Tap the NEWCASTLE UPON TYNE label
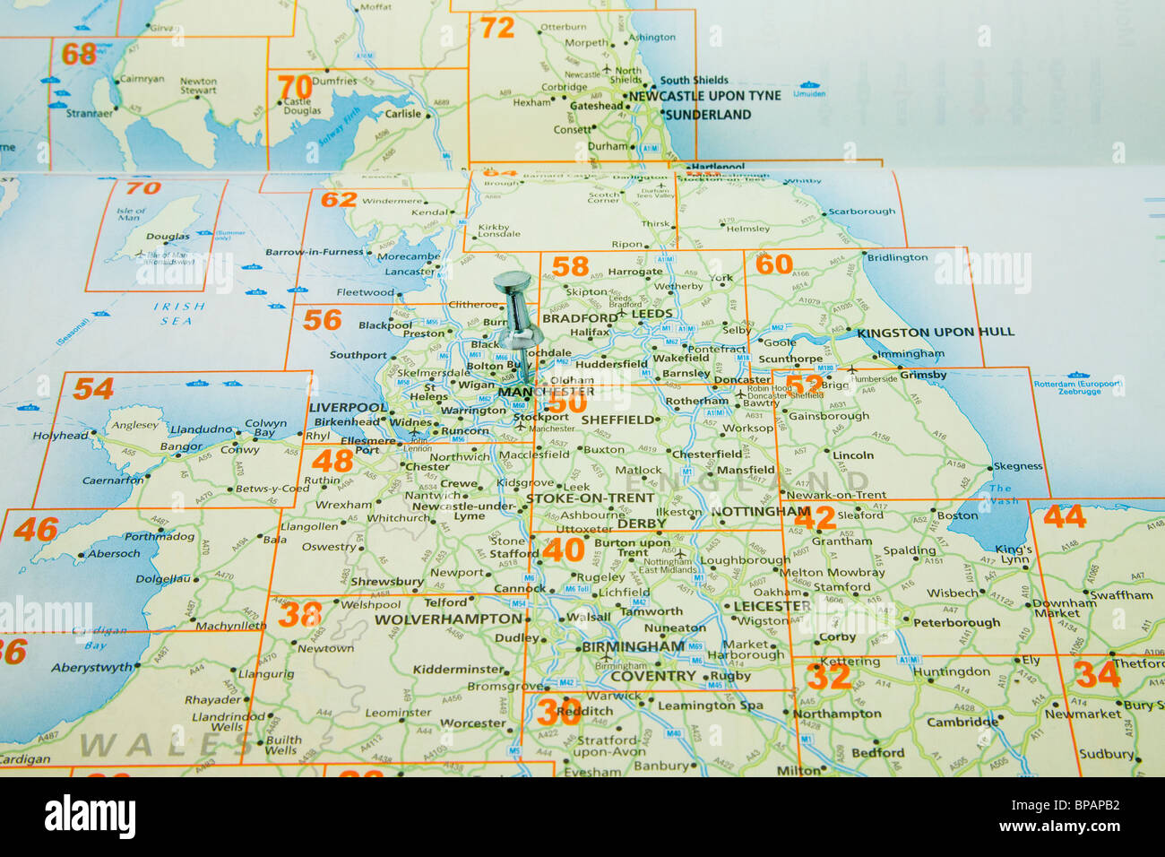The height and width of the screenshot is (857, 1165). pos(704,96)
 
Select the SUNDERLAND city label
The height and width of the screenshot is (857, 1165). pos(709,115)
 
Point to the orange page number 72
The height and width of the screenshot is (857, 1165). pos(497,28)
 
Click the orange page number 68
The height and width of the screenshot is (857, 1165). pos(79,54)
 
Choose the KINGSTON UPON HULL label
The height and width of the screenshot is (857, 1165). pos(936,332)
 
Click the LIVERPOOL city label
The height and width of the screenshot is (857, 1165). pos(348,407)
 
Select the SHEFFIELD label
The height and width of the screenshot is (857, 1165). pos(617,420)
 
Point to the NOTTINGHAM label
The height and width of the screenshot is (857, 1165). pos(760,512)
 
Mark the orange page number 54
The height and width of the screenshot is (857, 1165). pos(93,389)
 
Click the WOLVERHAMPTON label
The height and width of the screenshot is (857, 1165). pos(447,619)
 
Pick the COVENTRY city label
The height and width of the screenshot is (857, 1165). pos(652,676)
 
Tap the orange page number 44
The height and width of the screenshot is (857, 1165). pos(1064,516)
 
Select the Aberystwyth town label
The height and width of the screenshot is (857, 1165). pos(91,668)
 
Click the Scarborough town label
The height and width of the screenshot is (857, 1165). pos(861,212)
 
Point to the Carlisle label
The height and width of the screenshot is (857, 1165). pos(402,114)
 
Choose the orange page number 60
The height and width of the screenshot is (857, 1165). pos(774,264)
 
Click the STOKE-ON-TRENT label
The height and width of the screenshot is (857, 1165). pos(590,498)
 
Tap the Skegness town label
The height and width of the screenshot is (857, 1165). pos(1017,466)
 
